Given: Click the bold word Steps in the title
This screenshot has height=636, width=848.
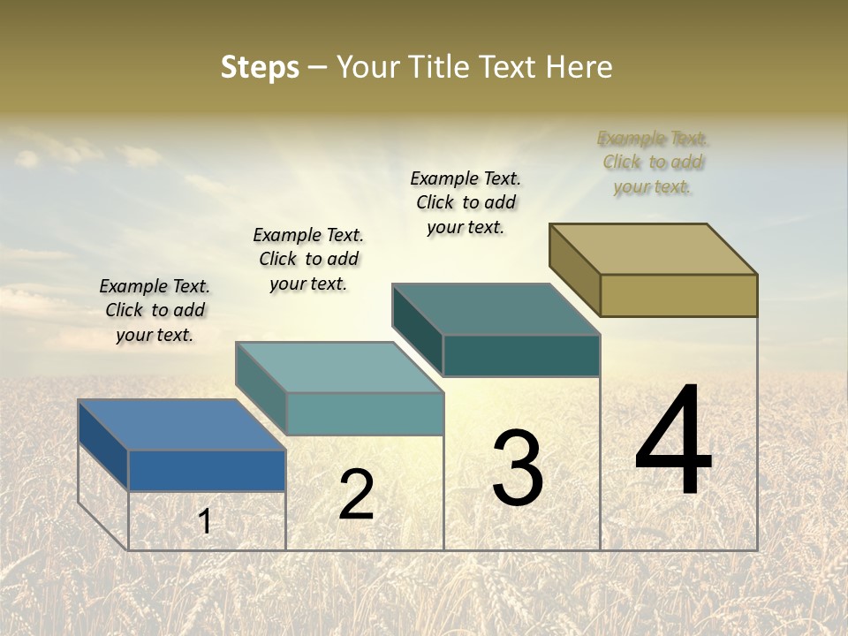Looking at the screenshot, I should [260, 67].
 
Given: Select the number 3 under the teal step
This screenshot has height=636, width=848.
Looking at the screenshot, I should [517, 468].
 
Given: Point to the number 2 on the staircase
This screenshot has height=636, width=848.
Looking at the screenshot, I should [356, 495].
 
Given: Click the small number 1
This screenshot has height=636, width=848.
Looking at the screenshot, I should [205, 521].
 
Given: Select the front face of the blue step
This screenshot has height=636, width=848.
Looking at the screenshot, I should [207, 470].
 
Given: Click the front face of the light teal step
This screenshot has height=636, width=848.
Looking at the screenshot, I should [365, 413].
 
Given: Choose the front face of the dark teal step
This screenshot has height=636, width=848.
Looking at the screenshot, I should [521, 355].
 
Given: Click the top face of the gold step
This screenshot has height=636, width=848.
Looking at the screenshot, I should [654, 249].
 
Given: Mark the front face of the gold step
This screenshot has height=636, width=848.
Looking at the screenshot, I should [678, 295].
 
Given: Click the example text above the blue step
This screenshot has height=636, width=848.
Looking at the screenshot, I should [155, 310].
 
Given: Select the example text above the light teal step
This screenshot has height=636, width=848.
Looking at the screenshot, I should [308, 259].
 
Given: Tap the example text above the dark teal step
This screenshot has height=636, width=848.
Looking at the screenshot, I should [466, 202].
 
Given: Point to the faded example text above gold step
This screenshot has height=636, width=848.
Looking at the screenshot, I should [653, 163].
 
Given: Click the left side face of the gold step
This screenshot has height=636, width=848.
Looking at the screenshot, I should [574, 269].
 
